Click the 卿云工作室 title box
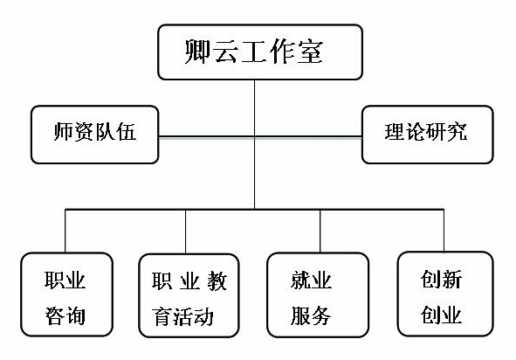(260, 52)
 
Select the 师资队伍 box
(95, 135)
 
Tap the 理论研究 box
(428, 135)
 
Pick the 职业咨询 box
(67, 294)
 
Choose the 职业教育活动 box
(189, 295)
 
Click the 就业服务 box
(318, 294)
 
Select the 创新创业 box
(445, 294)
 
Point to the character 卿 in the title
(197, 52)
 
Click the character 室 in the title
(310, 52)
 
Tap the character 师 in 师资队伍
(63, 132)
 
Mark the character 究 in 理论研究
(457, 132)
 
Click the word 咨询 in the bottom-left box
(65, 315)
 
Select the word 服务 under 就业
(311, 315)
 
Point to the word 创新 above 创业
(441, 280)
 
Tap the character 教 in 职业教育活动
(217, 281)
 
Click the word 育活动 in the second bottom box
(182, 316)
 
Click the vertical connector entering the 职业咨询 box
(65, 232)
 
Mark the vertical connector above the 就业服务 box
(320, 232)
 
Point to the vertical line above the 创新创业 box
(444, 231)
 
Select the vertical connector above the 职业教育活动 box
(186, 232)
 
